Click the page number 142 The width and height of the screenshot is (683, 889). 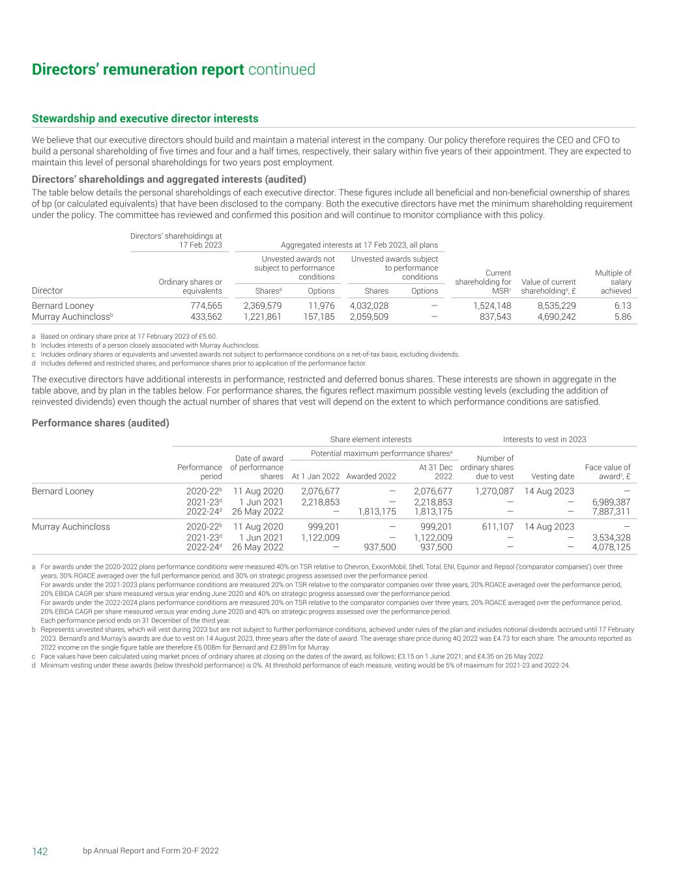point(40,851)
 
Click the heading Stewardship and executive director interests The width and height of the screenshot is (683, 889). point(145,119)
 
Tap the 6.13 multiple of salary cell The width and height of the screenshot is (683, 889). point(622,305)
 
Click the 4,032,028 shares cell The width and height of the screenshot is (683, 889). point(369,305)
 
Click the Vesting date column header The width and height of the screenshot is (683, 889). point(553,476)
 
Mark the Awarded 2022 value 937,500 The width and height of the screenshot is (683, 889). point(379,547)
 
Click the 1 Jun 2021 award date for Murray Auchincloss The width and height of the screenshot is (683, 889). point(261,537)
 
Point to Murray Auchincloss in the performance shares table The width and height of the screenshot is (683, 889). point(71,526)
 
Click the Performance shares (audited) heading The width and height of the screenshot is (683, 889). point(100,423)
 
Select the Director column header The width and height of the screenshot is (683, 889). point(48,290)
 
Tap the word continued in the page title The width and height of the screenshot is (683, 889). point(282,70)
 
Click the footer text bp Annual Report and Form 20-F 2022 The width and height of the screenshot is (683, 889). point(151,851)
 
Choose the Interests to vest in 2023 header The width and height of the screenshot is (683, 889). point(544,439)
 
